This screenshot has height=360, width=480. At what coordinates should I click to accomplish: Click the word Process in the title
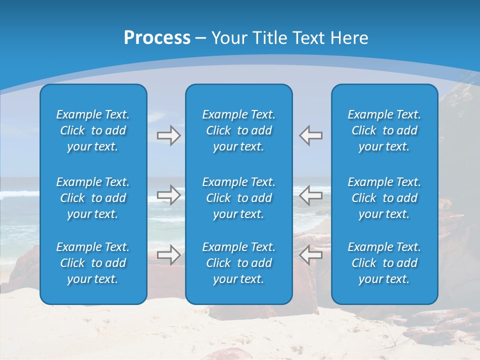tap(157, 38)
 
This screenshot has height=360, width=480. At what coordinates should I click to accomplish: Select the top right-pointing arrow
tap(168, 135)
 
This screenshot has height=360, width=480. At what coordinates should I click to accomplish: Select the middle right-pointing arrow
tap(168, 195)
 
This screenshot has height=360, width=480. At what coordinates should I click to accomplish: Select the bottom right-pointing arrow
tap(168, 255)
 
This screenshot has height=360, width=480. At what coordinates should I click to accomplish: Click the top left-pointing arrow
tap(310, 135)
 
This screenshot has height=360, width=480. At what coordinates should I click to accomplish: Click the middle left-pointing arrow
tap(310, 195)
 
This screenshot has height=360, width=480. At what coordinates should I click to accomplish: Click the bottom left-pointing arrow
tap(310, 255)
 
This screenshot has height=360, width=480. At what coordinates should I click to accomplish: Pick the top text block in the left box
tap(93, 130)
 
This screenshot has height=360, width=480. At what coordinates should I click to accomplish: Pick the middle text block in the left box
tap(93, 198)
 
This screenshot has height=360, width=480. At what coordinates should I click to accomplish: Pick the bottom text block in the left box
tap(93, 263)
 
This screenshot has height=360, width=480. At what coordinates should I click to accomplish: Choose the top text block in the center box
tap(239, 130)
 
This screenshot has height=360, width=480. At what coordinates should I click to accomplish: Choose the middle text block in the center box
tap(239, 198)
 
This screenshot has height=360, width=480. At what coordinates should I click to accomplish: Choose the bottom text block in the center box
tap(239, 263)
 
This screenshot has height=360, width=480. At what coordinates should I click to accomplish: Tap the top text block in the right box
tap(384, 130)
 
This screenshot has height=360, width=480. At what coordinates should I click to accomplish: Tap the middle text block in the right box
tap(384, 198)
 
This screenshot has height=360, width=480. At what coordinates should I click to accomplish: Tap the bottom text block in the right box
tap(384, 263)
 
